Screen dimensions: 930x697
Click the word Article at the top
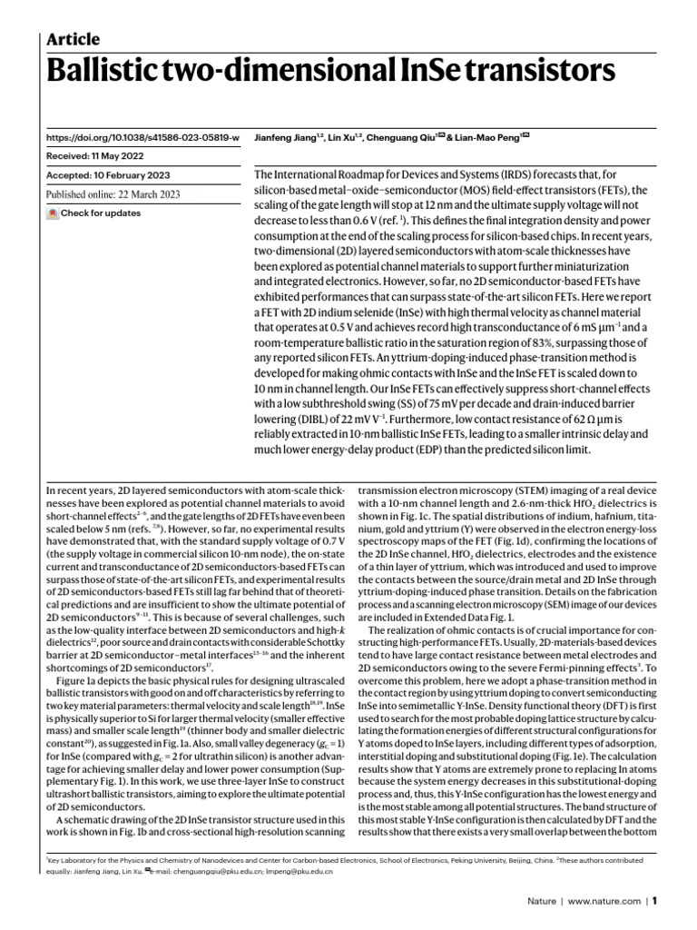tap(73, 38)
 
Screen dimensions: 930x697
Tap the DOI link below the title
tap(142, 137)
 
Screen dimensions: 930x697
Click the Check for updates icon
tap(53, 213)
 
